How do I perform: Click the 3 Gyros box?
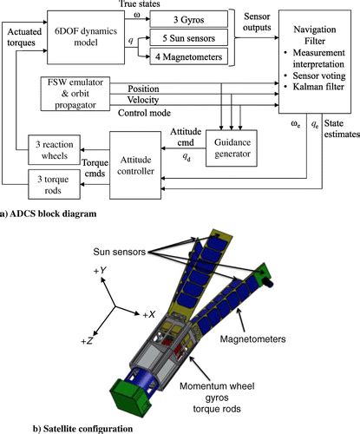189,19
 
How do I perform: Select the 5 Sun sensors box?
189,37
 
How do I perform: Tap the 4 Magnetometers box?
189,56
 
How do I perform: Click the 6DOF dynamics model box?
86,37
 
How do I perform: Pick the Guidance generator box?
232,148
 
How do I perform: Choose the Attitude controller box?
135,165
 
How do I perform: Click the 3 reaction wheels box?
54,150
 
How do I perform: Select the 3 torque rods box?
54,185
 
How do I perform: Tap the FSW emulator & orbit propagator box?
75,94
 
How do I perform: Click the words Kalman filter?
318,87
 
